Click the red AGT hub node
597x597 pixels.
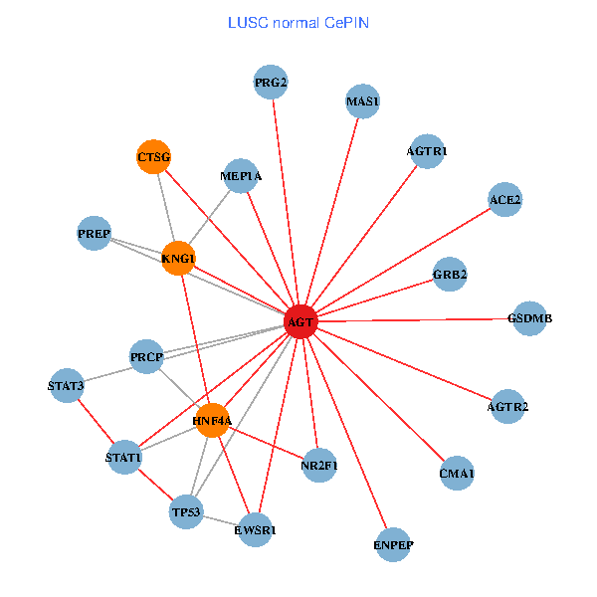pos(300,321)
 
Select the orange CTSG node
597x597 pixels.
pos(153,157)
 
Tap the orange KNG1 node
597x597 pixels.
pos(178,259)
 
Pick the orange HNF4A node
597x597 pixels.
pos(212,421)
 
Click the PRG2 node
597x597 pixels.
pos(271,83)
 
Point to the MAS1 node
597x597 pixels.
pos(362,101)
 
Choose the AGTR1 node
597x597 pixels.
pos(427,151)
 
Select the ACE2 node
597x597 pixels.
pos(504,200)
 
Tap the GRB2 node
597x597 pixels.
pos(450,274)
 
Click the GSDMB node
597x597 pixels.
pos(529,318)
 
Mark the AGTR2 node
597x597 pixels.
pos(507,406)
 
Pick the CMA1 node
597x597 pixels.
pos(457,474)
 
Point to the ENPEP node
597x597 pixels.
pos(393,544)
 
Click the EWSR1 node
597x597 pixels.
pos(256,530)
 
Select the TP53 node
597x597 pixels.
pos(186,512)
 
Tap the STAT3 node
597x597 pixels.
pos(66,385)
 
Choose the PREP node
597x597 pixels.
pos(94,234)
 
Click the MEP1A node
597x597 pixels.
pos(241,176)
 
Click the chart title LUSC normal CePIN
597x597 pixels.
pos(298,22)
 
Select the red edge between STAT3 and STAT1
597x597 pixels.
pos(96,422)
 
